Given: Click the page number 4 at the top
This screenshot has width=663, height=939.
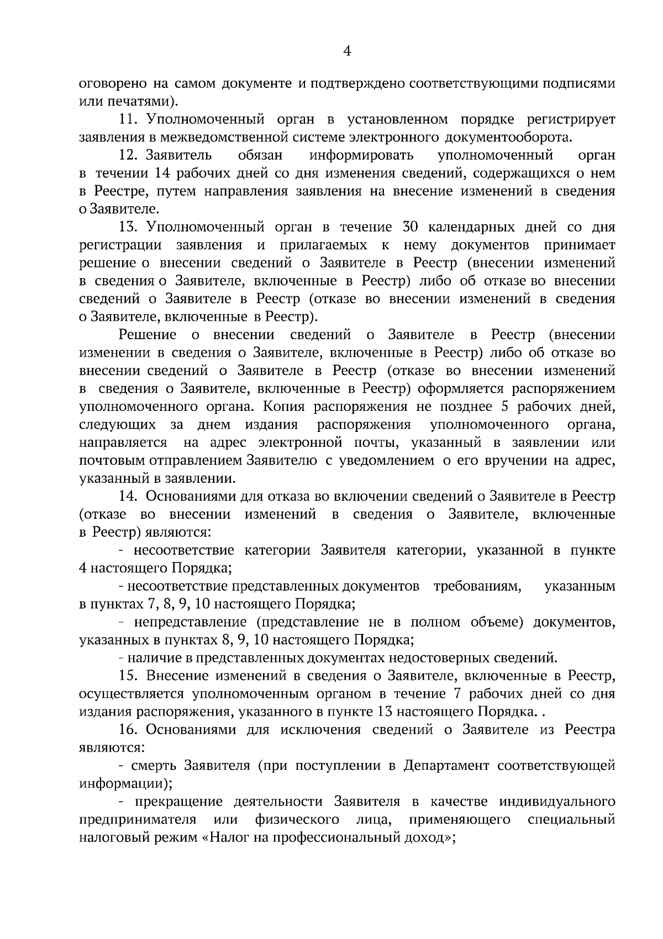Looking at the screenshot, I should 347,51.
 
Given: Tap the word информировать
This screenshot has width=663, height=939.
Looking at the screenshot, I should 361,155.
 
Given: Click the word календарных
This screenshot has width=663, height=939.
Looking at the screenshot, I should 470,227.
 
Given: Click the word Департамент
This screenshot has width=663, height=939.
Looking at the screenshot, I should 446,766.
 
